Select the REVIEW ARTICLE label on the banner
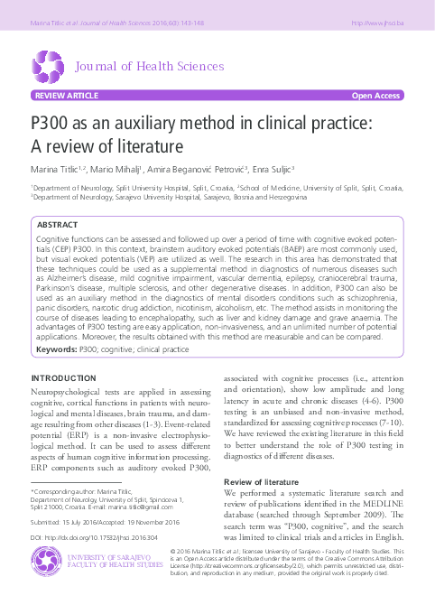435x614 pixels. click(65, 95)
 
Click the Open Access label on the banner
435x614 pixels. click(376, 95)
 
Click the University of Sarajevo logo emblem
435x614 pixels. click(44, 565)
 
